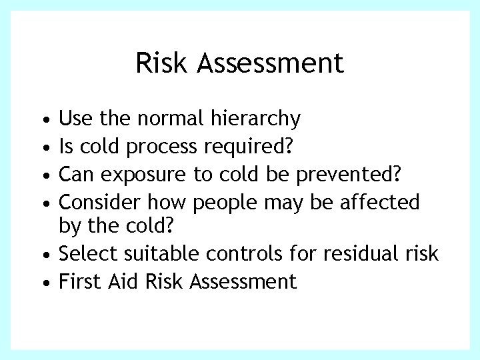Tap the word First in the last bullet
pos(79,282)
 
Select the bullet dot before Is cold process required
pos(44,145)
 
